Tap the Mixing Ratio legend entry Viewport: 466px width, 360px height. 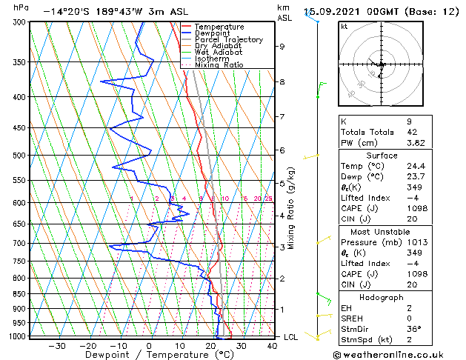[219, 65]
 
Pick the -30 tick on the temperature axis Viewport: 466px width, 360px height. [56, 346]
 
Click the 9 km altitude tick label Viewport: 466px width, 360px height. [282, 46]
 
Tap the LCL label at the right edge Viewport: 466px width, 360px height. [291, 337]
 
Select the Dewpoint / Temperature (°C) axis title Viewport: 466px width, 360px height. [149, 355]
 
